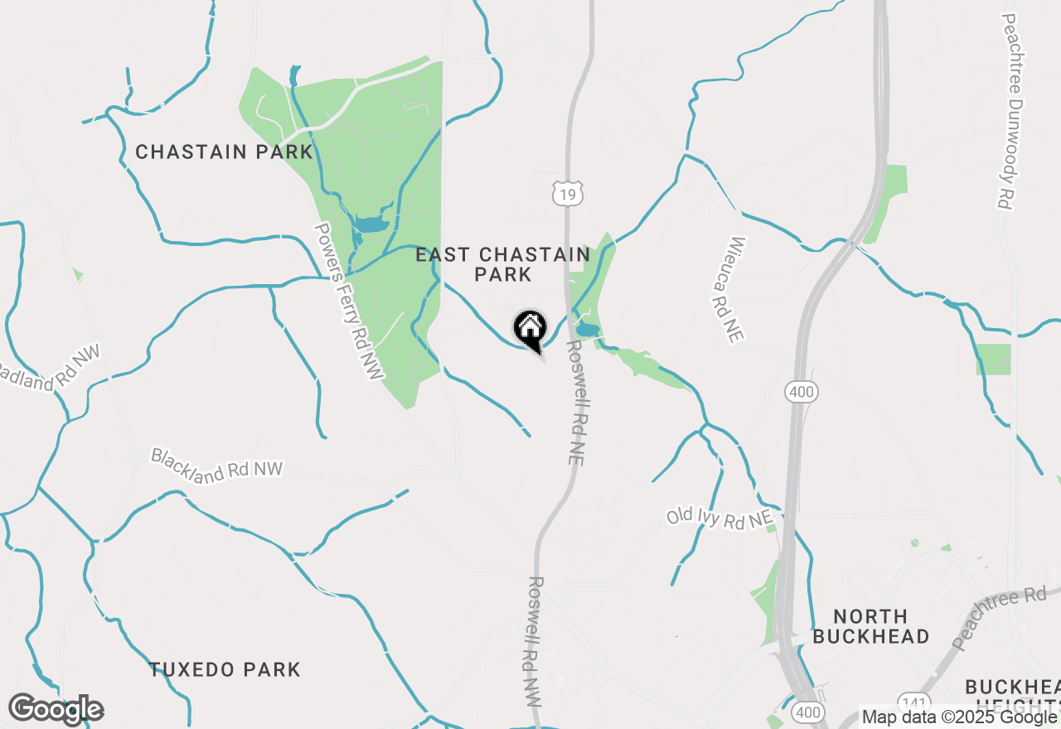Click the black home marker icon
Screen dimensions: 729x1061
(x=530, y=329)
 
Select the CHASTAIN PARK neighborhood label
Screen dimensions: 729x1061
(x=224, y=152)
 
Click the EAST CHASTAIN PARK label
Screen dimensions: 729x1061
(x=503, y=264)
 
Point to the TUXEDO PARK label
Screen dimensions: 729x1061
(x=225, y=669)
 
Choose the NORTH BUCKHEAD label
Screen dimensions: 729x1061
(x=870, y=626)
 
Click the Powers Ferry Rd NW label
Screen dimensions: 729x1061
(x=349, y=302)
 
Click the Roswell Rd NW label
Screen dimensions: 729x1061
(x=535, y=642)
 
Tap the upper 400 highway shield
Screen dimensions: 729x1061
(x=802, y=392)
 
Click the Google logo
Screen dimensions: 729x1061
(x=56, y=709)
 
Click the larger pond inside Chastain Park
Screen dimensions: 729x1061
(x=370, y=224)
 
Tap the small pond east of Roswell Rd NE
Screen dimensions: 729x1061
(x=588, y=331)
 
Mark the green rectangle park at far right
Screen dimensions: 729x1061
(x=993, y=359)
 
